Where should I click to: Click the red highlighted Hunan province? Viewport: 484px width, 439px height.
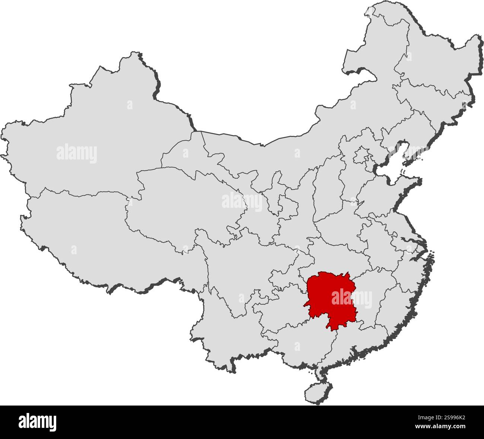pyautogui.click(x=328, y=297)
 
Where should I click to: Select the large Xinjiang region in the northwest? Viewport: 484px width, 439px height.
pyautogui.click(x=93, y=141)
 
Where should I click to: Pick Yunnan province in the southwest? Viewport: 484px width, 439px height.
pyautogui.click(x=223, y=327)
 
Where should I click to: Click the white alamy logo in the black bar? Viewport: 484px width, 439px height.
pyautogui.click(x=37, y=422)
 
